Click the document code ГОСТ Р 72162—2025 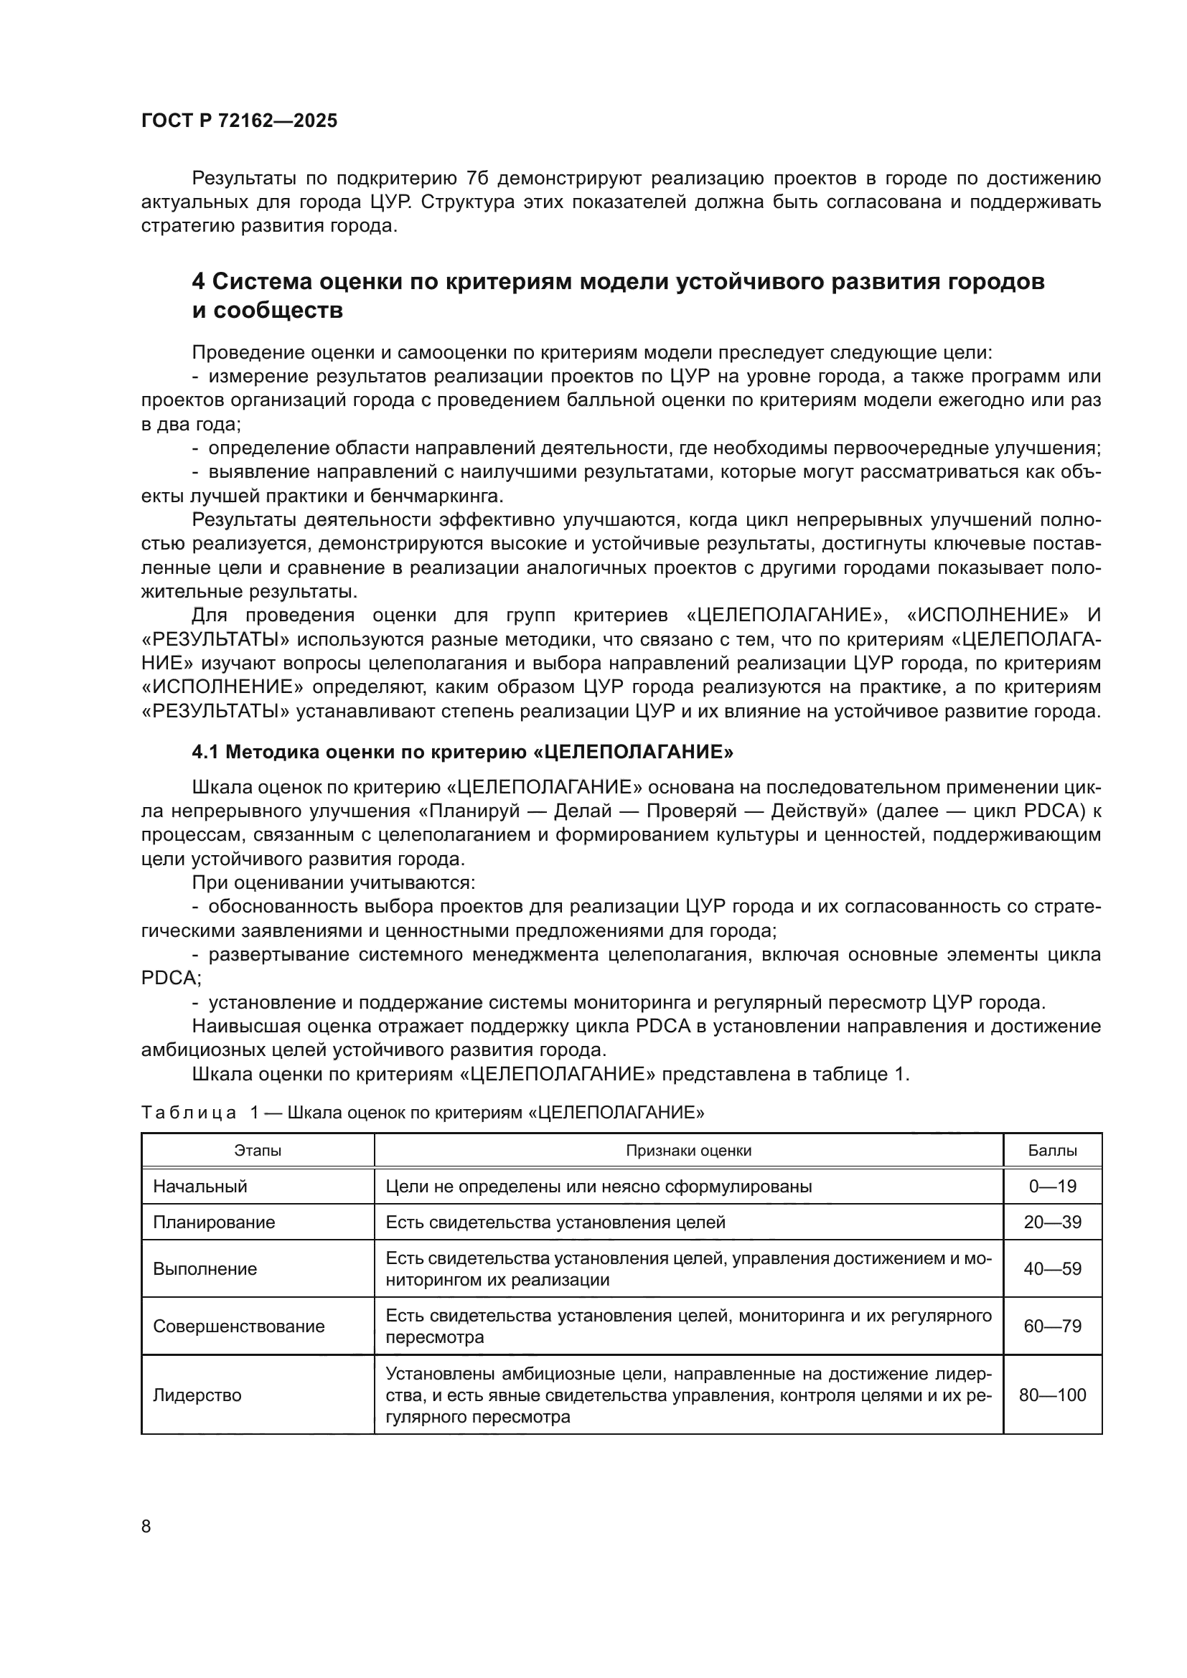239,121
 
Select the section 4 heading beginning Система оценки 618,296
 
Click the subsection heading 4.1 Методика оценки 462,751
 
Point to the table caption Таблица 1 422,1113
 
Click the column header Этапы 258,1151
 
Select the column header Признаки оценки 688,1151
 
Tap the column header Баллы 1052,1151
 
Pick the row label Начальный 200,1187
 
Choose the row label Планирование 213,1222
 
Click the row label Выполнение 205,1269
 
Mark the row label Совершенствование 238,1326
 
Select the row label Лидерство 197,1395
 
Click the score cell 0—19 1052,1187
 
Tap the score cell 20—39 1052,1222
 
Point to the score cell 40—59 1052,1269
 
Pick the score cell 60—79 1052,1326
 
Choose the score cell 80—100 1052,1395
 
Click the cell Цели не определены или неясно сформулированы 598,1187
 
